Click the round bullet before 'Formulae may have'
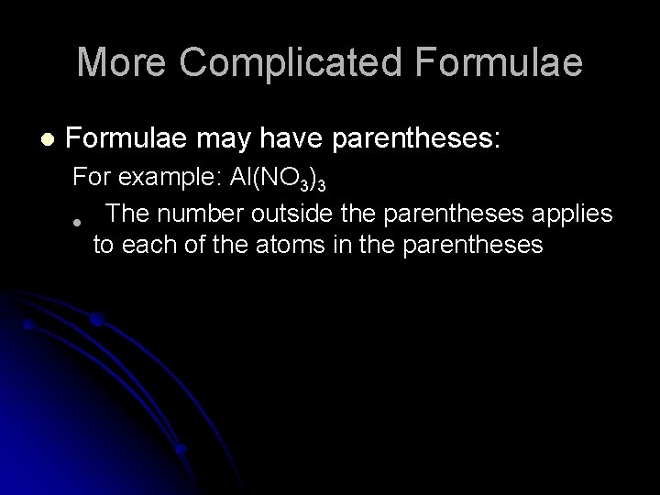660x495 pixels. point(48,140)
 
